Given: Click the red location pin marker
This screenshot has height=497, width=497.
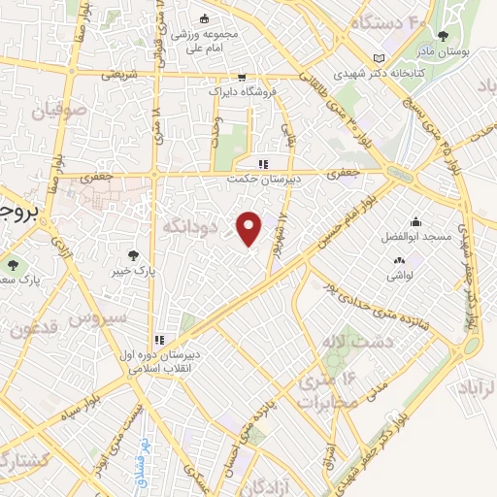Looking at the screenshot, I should click(249, 228).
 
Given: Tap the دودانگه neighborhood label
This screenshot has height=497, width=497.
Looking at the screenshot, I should click(182, 225).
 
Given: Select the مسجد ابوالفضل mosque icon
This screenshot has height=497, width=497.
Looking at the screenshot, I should click(415, 222).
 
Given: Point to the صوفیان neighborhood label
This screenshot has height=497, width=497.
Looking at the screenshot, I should click(59, 112).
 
